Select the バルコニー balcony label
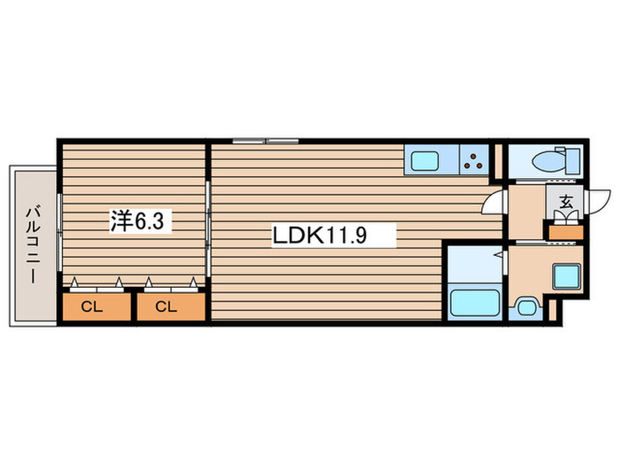click(32, 244)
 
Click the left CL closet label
click(91, 307)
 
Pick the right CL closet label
click(166, 307)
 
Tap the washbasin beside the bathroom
click(527, 308)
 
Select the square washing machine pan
click(566, 277)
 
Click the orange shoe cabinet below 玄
click(565, 232)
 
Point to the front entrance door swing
click(599, 202)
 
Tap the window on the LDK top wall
click(266, 141)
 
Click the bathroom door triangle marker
click(501, 255)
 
